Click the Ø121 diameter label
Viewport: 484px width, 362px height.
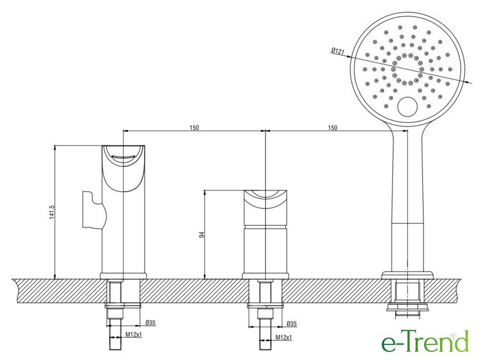tap(338, 51)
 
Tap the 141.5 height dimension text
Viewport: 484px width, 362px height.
tap(52, 212)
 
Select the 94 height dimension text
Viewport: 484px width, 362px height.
tap(202, 235)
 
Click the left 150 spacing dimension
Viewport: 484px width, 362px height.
tap(194, 128)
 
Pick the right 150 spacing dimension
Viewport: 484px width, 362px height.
tap(332, 128)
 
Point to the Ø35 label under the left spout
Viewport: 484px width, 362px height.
tap(150, 323)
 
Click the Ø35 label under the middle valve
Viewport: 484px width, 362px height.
tap(292, 324)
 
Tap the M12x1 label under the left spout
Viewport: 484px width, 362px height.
tap(133, 334)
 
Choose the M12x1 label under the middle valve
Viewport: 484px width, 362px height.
tap(283, 338)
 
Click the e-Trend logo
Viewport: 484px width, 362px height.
tap(425, 341)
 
